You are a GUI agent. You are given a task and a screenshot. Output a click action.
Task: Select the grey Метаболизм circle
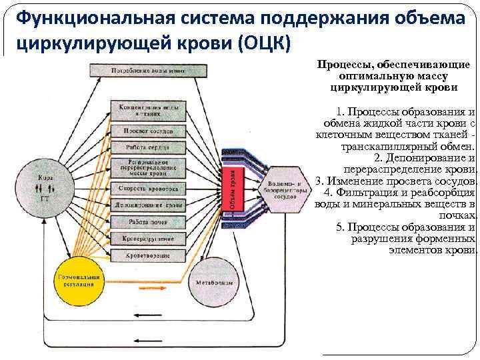[x=213, y=282]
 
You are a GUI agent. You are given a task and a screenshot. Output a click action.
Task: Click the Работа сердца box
[x=148, y=147]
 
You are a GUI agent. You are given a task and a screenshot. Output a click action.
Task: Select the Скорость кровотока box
[x=148, y=189]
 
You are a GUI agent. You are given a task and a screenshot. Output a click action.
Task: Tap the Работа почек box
[x=148, y=221]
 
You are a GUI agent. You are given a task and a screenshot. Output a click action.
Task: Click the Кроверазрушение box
[x=148, y=237]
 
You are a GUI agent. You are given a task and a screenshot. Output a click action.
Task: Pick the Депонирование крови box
[x=148, y=205]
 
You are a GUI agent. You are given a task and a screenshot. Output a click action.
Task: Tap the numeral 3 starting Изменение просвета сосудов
[x=319, y=181]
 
